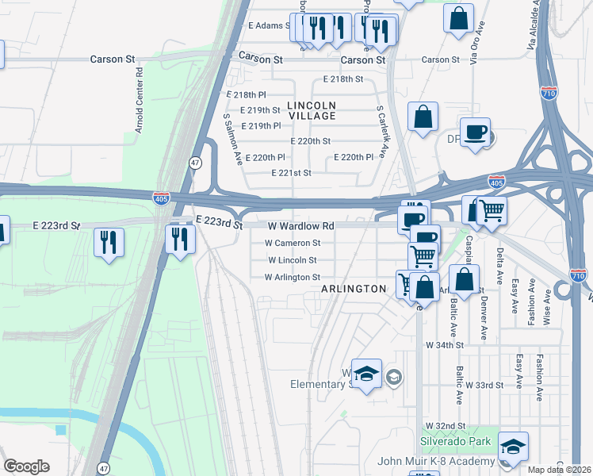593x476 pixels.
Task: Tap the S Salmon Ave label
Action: pyautogui.click(x=231, y=137)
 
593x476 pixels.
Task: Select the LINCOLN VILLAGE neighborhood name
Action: pyautogui.click(x=312, y=110)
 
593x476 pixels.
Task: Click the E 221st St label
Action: pyautogui.click(x=291, y=172)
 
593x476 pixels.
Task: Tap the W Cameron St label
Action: pyautogui.click(x=293, y=243)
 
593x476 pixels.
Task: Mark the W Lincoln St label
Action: pyautogui.click(x=293, y=259)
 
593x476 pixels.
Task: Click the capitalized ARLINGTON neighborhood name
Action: pyautogui.click(x=353, y=290)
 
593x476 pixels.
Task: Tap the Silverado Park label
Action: pyautogui.click(x=455, y=441)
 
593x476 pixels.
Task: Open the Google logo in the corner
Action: pyautogui.click(x=26, y=466)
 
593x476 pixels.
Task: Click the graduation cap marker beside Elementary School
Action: pyautogui.click(x=366, y=374)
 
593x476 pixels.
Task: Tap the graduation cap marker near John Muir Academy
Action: pyautogui.click(x=514, y=447)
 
